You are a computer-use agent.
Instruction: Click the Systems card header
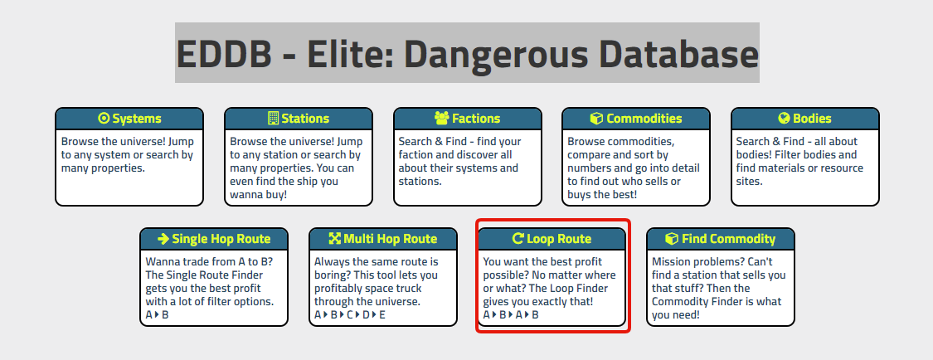click(x=129, y=119)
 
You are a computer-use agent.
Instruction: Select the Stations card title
click(x=298, y=119)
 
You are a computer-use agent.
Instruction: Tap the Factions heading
click(x=467, y=119)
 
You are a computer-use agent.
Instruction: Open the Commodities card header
click(x=635, y=119)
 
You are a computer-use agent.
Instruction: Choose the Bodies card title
click(x=804, y=119)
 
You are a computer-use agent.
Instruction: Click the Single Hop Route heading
click(x=214, y=239)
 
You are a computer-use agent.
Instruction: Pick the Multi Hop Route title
click(x=382, y=239)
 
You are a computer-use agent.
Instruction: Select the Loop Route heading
click(x=552, y=239)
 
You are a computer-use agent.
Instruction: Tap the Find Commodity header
click(x=720, y=239)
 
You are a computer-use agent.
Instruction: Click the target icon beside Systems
click(x=104, y=119)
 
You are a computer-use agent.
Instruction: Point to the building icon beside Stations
click(x=273, y=119)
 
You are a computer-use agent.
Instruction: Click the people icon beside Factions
click(x=441, y=119)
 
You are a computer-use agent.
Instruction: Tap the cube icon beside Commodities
click(x=596, y=119)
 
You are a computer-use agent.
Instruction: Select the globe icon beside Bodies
click(x=784, y=119)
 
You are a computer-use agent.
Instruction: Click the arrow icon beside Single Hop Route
click(x=163, y=239)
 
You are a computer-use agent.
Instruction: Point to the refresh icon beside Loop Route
click(x=518, y=239)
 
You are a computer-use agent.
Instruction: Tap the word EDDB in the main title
click(x=224, y=54)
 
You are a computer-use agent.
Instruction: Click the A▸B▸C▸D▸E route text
click(x=350, y=314)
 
